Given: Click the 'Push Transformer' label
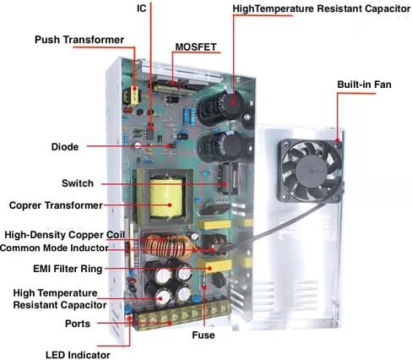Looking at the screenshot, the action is click(79, 40).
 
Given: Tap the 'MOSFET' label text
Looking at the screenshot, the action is click(196, 47).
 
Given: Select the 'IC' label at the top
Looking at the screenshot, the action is click(142, 8).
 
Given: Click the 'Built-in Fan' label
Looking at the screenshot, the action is click(364, 85).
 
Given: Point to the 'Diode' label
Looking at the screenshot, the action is click(65, 147).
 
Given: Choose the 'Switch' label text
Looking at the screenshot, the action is click(78, 183).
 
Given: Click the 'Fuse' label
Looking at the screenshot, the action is click(203, 335).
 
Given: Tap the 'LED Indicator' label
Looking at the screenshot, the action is click(78, 355).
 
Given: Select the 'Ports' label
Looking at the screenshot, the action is click(78, 324).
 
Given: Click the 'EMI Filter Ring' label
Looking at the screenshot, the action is click(68, 269).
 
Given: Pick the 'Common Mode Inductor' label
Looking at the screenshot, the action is click(54, 248).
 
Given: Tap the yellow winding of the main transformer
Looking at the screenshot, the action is click(166, 198).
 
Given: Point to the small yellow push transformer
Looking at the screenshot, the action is click(132, 96).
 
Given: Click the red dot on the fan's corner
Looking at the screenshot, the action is click(338, 140).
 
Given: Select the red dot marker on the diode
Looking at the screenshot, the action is click(169, 146).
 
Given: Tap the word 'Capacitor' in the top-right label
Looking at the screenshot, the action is click(388, 8).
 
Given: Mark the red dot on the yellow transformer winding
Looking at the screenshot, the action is click(170, 205).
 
